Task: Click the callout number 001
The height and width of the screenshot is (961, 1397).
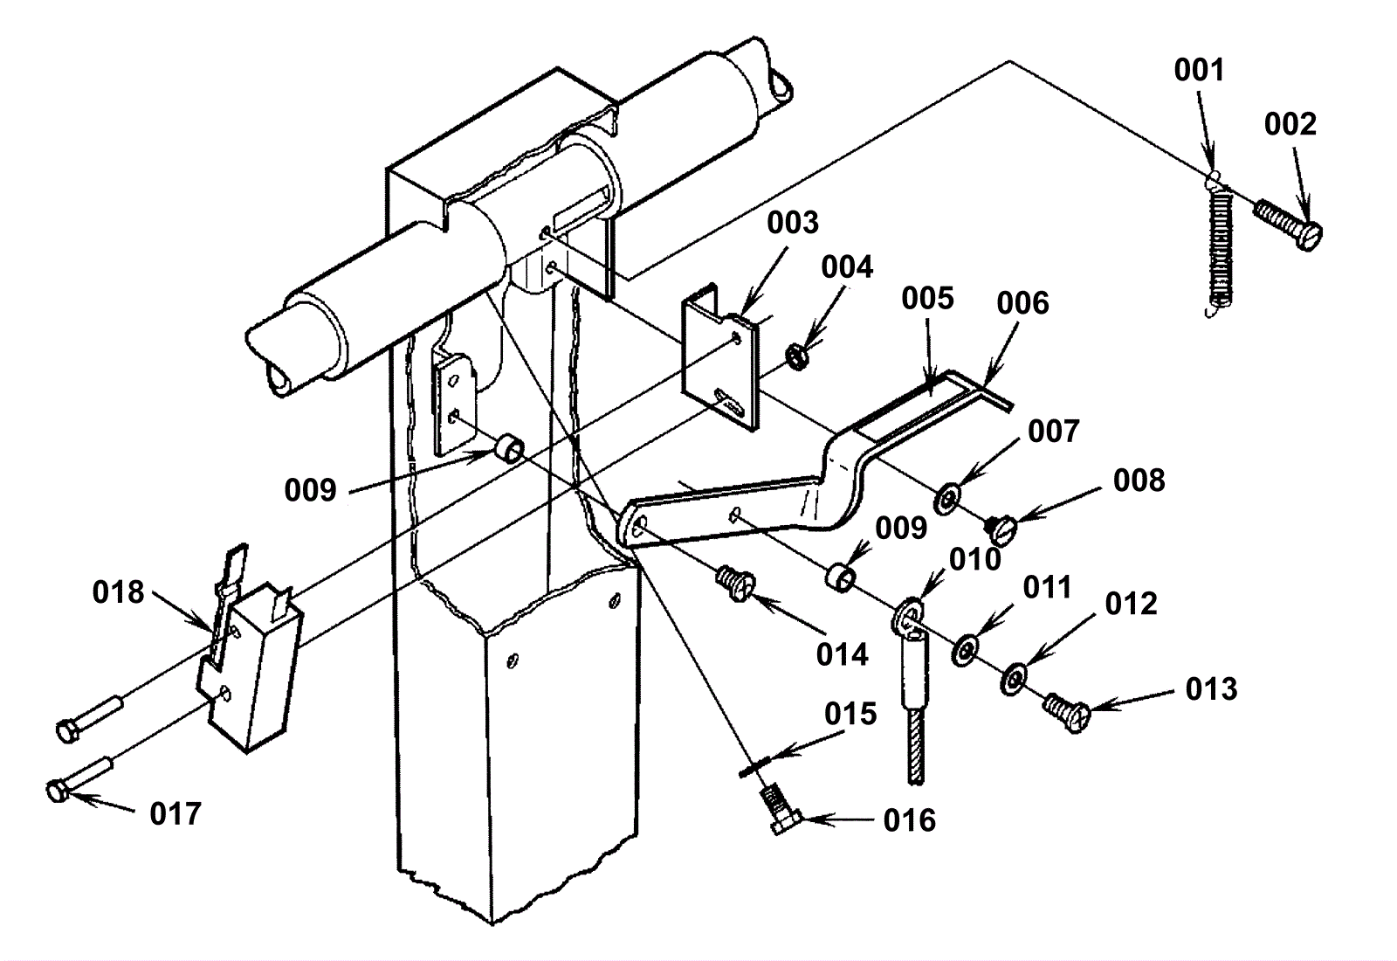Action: click(1199, 71)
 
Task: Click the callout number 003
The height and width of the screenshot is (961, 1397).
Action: click(793, 223)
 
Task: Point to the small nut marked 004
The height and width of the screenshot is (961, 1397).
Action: click(796, 357)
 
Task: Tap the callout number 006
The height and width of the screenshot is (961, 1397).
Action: click(1022, 303)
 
